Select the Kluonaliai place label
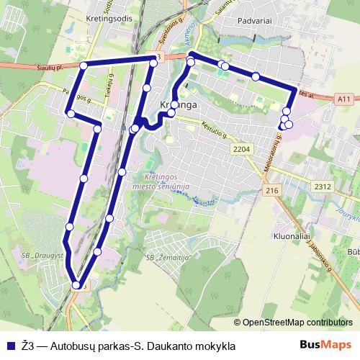[291, 236]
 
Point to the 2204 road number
[243, 149]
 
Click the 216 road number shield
[271, 190]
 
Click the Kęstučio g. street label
[214, 131]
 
